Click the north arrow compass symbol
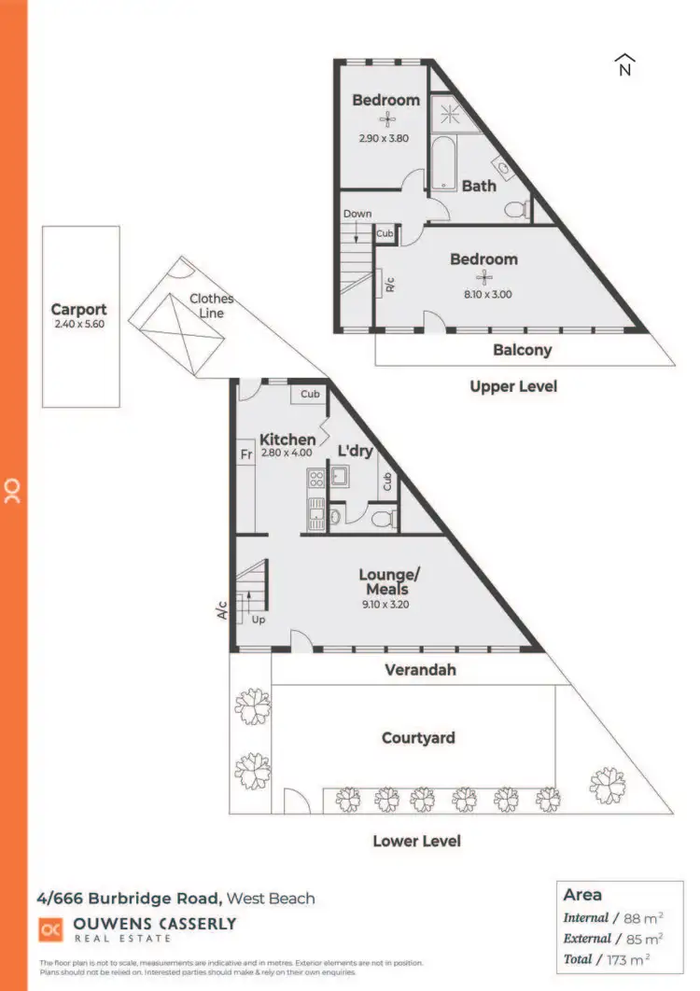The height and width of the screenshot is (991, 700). click(x=624, y=64)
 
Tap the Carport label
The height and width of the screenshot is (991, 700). click(x=78, y=309)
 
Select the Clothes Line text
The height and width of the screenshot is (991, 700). click(x=211, y=306)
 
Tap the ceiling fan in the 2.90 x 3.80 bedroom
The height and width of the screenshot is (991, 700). click(x=386, y=119)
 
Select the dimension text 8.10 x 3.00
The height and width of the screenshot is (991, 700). click(x=483, y=294)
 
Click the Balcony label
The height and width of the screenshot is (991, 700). click(x=522, y=350)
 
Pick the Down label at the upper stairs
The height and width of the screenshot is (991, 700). click(x=357, y=214)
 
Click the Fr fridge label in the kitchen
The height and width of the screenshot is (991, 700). click(x=246, y=454)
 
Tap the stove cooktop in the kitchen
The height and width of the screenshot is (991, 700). click(x=315, y=480)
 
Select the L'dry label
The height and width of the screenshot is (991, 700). click(x=355, y=451)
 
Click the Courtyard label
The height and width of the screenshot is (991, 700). click(x=418, y=737)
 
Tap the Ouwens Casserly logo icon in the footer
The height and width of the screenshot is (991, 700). click(x=49, y=929)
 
